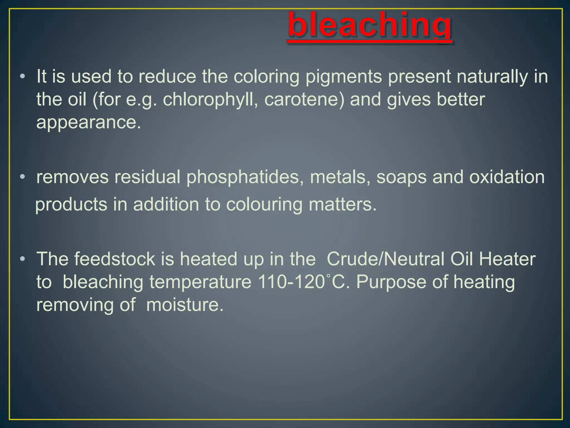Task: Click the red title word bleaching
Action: click(x=369, y=26)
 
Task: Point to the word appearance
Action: click(x=89, y=123)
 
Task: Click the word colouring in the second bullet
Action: click(x=264, y=205)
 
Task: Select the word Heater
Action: click(x=507, y=259)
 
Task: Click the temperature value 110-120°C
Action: click(x=303, y=282)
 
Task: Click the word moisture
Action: click(x=185, y=305)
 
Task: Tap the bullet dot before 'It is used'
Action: click(x=23, y=76)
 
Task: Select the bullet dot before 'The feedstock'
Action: click(x=23, y=259)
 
